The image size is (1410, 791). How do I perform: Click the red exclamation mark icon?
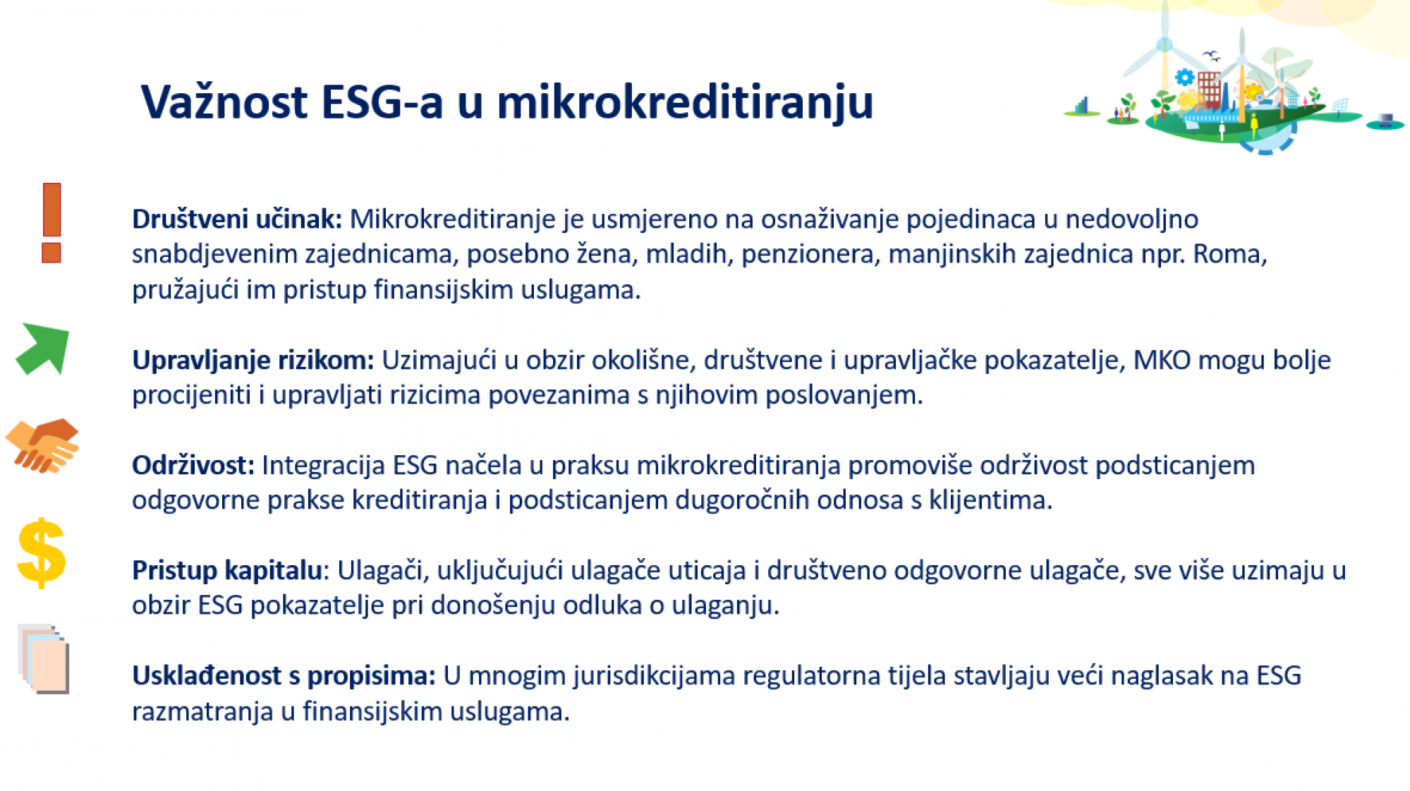(51, 223)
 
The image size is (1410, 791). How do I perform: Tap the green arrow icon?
(43, 349)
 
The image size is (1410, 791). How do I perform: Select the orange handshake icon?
(42, 445)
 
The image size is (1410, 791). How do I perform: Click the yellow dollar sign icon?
(42, 553)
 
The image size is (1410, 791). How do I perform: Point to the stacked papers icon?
(44, 658)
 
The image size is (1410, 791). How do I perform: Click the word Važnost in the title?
(224, 102)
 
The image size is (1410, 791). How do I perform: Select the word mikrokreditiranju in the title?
(685, 103)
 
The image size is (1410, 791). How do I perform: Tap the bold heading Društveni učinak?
(237, 219)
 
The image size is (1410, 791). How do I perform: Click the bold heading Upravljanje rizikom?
(253, 361)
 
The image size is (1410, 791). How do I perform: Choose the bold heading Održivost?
(193, 465)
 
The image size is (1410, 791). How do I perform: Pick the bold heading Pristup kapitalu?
(227, 570)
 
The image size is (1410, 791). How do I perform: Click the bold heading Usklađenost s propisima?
(284, 675)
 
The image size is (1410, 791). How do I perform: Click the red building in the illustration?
(1208, 87)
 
